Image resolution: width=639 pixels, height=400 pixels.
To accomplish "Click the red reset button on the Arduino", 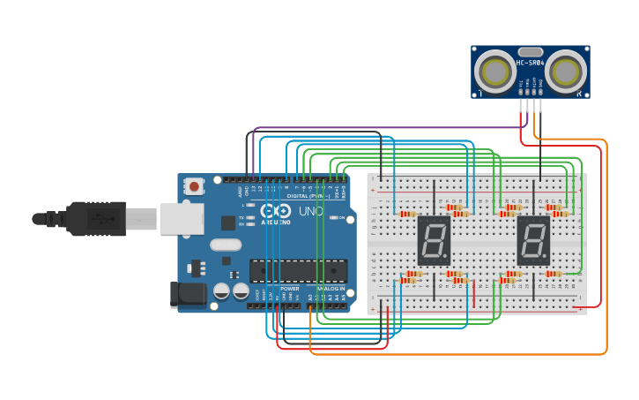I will click(193, 185).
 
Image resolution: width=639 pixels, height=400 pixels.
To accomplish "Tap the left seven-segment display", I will click(434, 240).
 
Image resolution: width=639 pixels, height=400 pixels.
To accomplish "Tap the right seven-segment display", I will click(533, 240).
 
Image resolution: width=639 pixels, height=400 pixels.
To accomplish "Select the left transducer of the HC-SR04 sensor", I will click(496, 72).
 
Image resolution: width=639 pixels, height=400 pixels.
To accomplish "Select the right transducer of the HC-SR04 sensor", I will click(565, 72).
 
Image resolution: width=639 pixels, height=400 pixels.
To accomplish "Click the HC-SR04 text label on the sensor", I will click(531, 63).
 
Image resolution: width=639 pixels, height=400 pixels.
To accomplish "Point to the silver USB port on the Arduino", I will click(182, 219).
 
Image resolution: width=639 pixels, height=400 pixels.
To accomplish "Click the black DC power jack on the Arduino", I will click(187, 294).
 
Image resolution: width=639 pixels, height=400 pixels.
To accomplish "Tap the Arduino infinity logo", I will click(281, 212).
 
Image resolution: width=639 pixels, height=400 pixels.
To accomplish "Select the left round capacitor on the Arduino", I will click(221, 291).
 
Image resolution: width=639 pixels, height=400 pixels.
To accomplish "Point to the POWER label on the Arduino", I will click(290, 289).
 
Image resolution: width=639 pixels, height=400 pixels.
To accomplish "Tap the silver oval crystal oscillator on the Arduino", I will click(226, 245).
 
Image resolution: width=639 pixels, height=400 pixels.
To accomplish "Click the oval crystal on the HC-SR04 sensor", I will click(531, 52).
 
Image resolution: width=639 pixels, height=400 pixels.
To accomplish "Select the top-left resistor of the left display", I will click(407, 214).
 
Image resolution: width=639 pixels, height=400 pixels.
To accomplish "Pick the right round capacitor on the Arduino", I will click(240, 291).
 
